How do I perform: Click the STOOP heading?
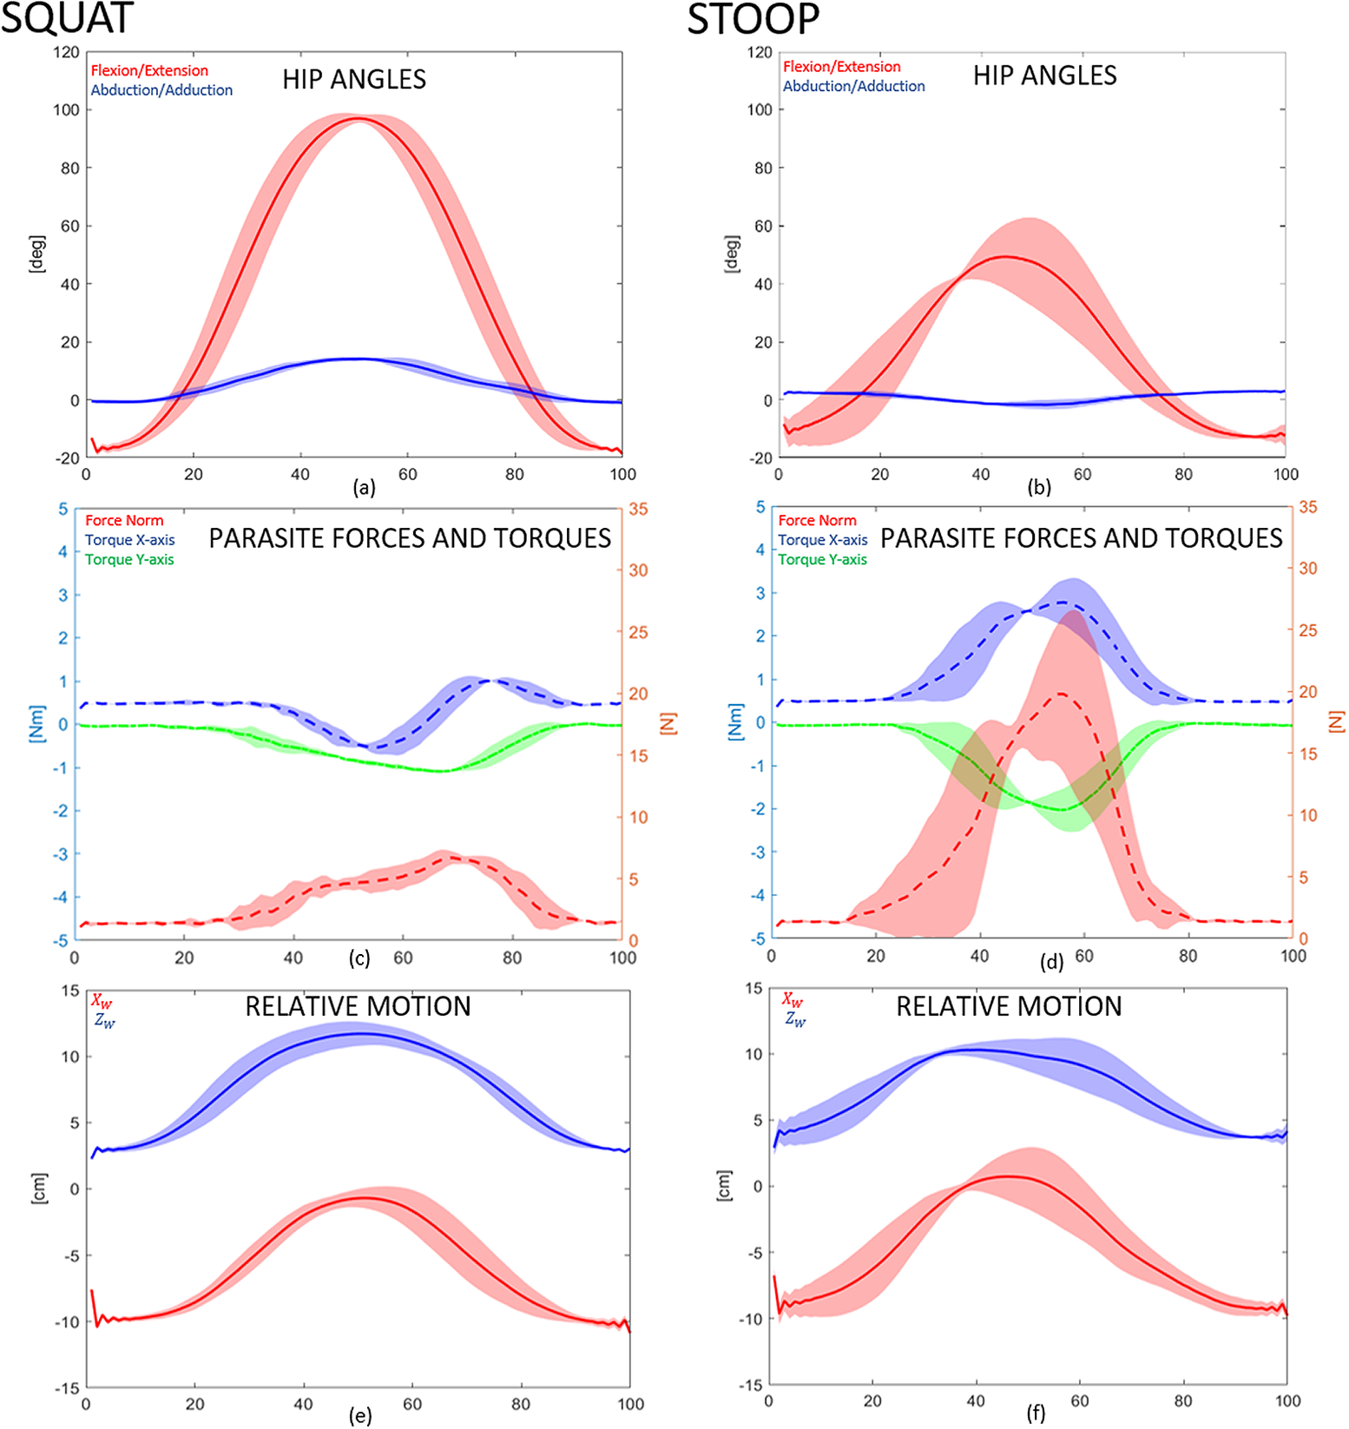tap(753, 19)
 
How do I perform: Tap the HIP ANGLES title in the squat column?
tap(354, 80)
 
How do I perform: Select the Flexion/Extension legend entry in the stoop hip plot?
tap(841, 67)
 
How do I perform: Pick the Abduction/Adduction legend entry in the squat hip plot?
tap(161, 90)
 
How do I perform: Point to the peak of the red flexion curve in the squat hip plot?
tap(359, 119)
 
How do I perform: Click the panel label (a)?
tap(364, 488)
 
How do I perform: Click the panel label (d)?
tap(1051, 962)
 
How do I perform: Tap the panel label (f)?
tap(1036, 1413)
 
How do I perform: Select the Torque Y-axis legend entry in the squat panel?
tap(129, 560)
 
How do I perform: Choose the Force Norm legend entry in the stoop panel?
tap(817, 521)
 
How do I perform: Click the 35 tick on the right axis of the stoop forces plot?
tap(1307, 507)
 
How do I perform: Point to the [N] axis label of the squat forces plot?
tap(667, 723)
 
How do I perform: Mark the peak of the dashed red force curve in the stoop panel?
tap(1062, 695)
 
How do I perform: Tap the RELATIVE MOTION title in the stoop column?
tap(1009, 1006)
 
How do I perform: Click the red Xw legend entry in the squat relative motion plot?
tap(102, 1002)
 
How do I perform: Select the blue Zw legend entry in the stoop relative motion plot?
tap(795, 1019)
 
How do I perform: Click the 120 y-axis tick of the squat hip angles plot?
tap(66, 52)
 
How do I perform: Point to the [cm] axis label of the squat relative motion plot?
tap(40, 1188)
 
